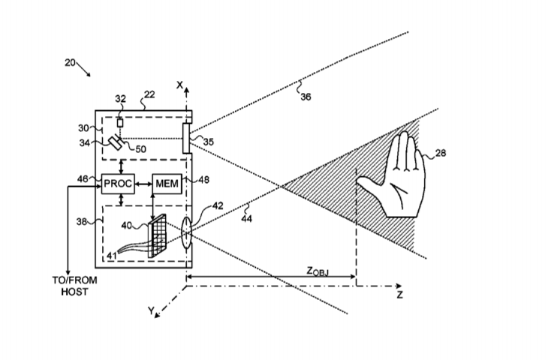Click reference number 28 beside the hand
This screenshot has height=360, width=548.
(440, 154)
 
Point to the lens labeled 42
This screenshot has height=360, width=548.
(185, 232)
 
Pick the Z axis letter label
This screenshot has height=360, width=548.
(400, 295)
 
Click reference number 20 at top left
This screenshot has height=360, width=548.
(70, 63)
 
